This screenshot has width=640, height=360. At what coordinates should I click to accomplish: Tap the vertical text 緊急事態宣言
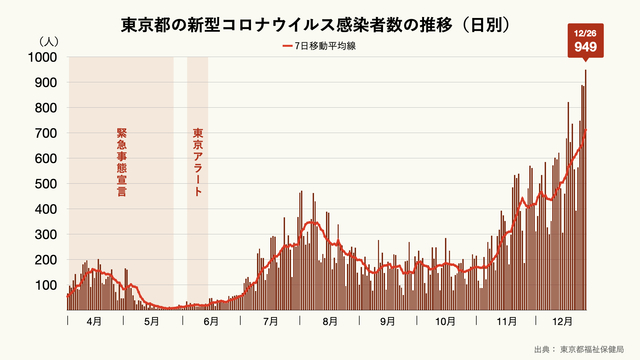click(121, 159)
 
